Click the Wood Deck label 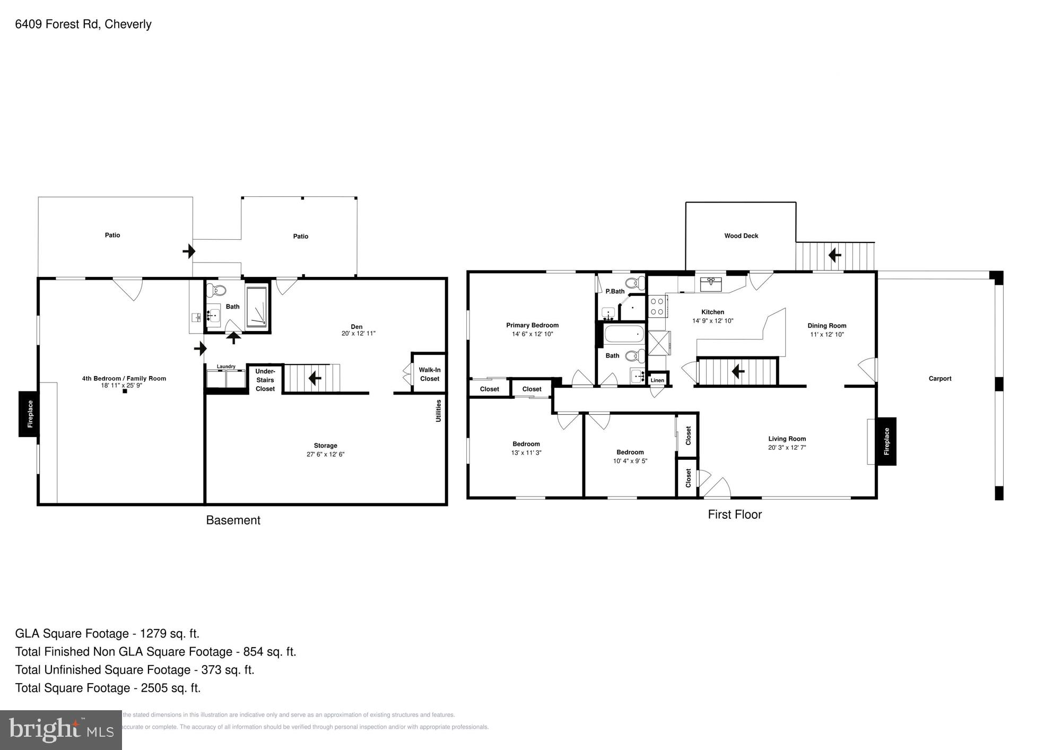tap(741, 236)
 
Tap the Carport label tap(940, 379)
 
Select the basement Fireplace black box tap(29, 414)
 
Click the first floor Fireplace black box tap(886, 441)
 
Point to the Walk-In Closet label tap(429, 374)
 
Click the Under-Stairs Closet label tap(265, 380)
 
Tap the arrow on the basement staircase tap(315, 378)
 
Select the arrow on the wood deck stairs tap(834, 256)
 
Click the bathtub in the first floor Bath tap(624, 335)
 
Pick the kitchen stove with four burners tap(657, 307)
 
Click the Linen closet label tap(657, 380)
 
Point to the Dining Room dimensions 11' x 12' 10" tap(827, 335)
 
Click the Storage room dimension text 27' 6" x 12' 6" tap(325, 455)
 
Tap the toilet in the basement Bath tap(216, 290)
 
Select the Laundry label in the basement tap(226, 367)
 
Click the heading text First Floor tap(734, 514)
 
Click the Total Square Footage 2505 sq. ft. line tap(108, 688)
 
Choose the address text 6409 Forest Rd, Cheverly tap(83, 24)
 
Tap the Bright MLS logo tap(60, 730)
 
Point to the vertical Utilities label tap(438, 411)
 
